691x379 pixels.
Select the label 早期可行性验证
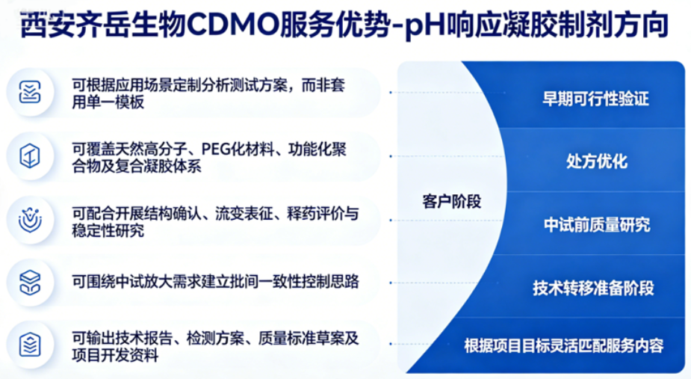595,99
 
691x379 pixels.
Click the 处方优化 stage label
597,161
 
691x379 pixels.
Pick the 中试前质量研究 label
597,224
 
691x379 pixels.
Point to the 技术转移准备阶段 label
593,288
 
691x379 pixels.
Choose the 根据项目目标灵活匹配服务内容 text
564,345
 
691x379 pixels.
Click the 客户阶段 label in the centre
452,201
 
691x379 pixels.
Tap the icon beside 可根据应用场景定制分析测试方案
30,92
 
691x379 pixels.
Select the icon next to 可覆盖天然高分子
30,156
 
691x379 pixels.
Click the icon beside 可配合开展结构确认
30,220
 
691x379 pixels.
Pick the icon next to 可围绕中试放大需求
30,283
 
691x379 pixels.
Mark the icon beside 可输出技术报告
30,345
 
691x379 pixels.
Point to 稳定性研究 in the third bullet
108,231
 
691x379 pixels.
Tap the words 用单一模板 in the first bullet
108,102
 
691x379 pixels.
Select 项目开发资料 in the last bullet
115,355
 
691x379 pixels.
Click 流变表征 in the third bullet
244,214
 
